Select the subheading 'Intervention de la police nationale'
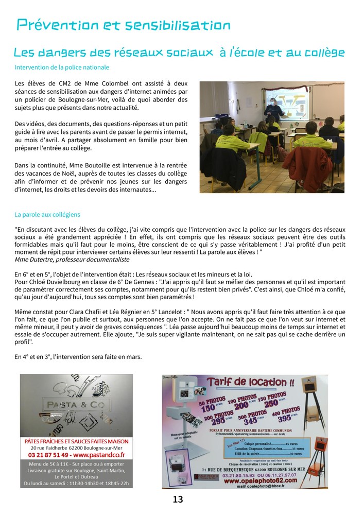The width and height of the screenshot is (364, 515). click(62, 67)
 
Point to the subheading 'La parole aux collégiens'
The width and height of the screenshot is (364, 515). click(47, 214)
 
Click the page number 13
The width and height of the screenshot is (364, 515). click(178, 500)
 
